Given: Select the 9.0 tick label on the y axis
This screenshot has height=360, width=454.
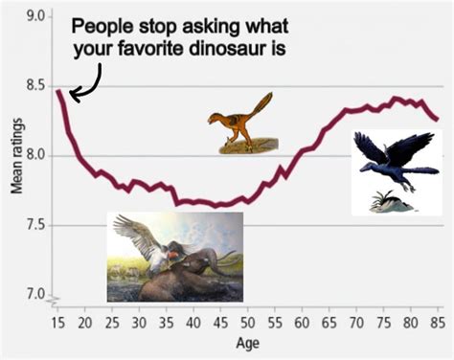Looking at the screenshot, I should coord(38,17).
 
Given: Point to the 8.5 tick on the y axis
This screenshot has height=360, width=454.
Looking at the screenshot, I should coord(38,87).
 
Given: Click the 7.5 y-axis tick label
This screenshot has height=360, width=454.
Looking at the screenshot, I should coord(38,226).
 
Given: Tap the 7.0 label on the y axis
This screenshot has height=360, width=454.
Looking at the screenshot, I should coord(38,294).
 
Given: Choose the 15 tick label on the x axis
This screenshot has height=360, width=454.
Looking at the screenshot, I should coord(57,321).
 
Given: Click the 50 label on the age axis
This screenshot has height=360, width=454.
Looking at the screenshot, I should coord(246,321).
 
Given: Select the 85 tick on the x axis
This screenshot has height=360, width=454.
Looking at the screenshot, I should coord(437,321).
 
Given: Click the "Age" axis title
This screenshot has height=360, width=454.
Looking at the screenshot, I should coord(246,342).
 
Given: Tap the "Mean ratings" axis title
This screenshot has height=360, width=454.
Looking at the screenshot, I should coord(16,156).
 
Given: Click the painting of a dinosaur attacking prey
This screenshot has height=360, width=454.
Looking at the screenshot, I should coord(174,257).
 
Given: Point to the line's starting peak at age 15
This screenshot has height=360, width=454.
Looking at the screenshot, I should coord(58,91).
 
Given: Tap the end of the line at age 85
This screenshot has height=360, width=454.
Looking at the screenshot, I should coord(437,120).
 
